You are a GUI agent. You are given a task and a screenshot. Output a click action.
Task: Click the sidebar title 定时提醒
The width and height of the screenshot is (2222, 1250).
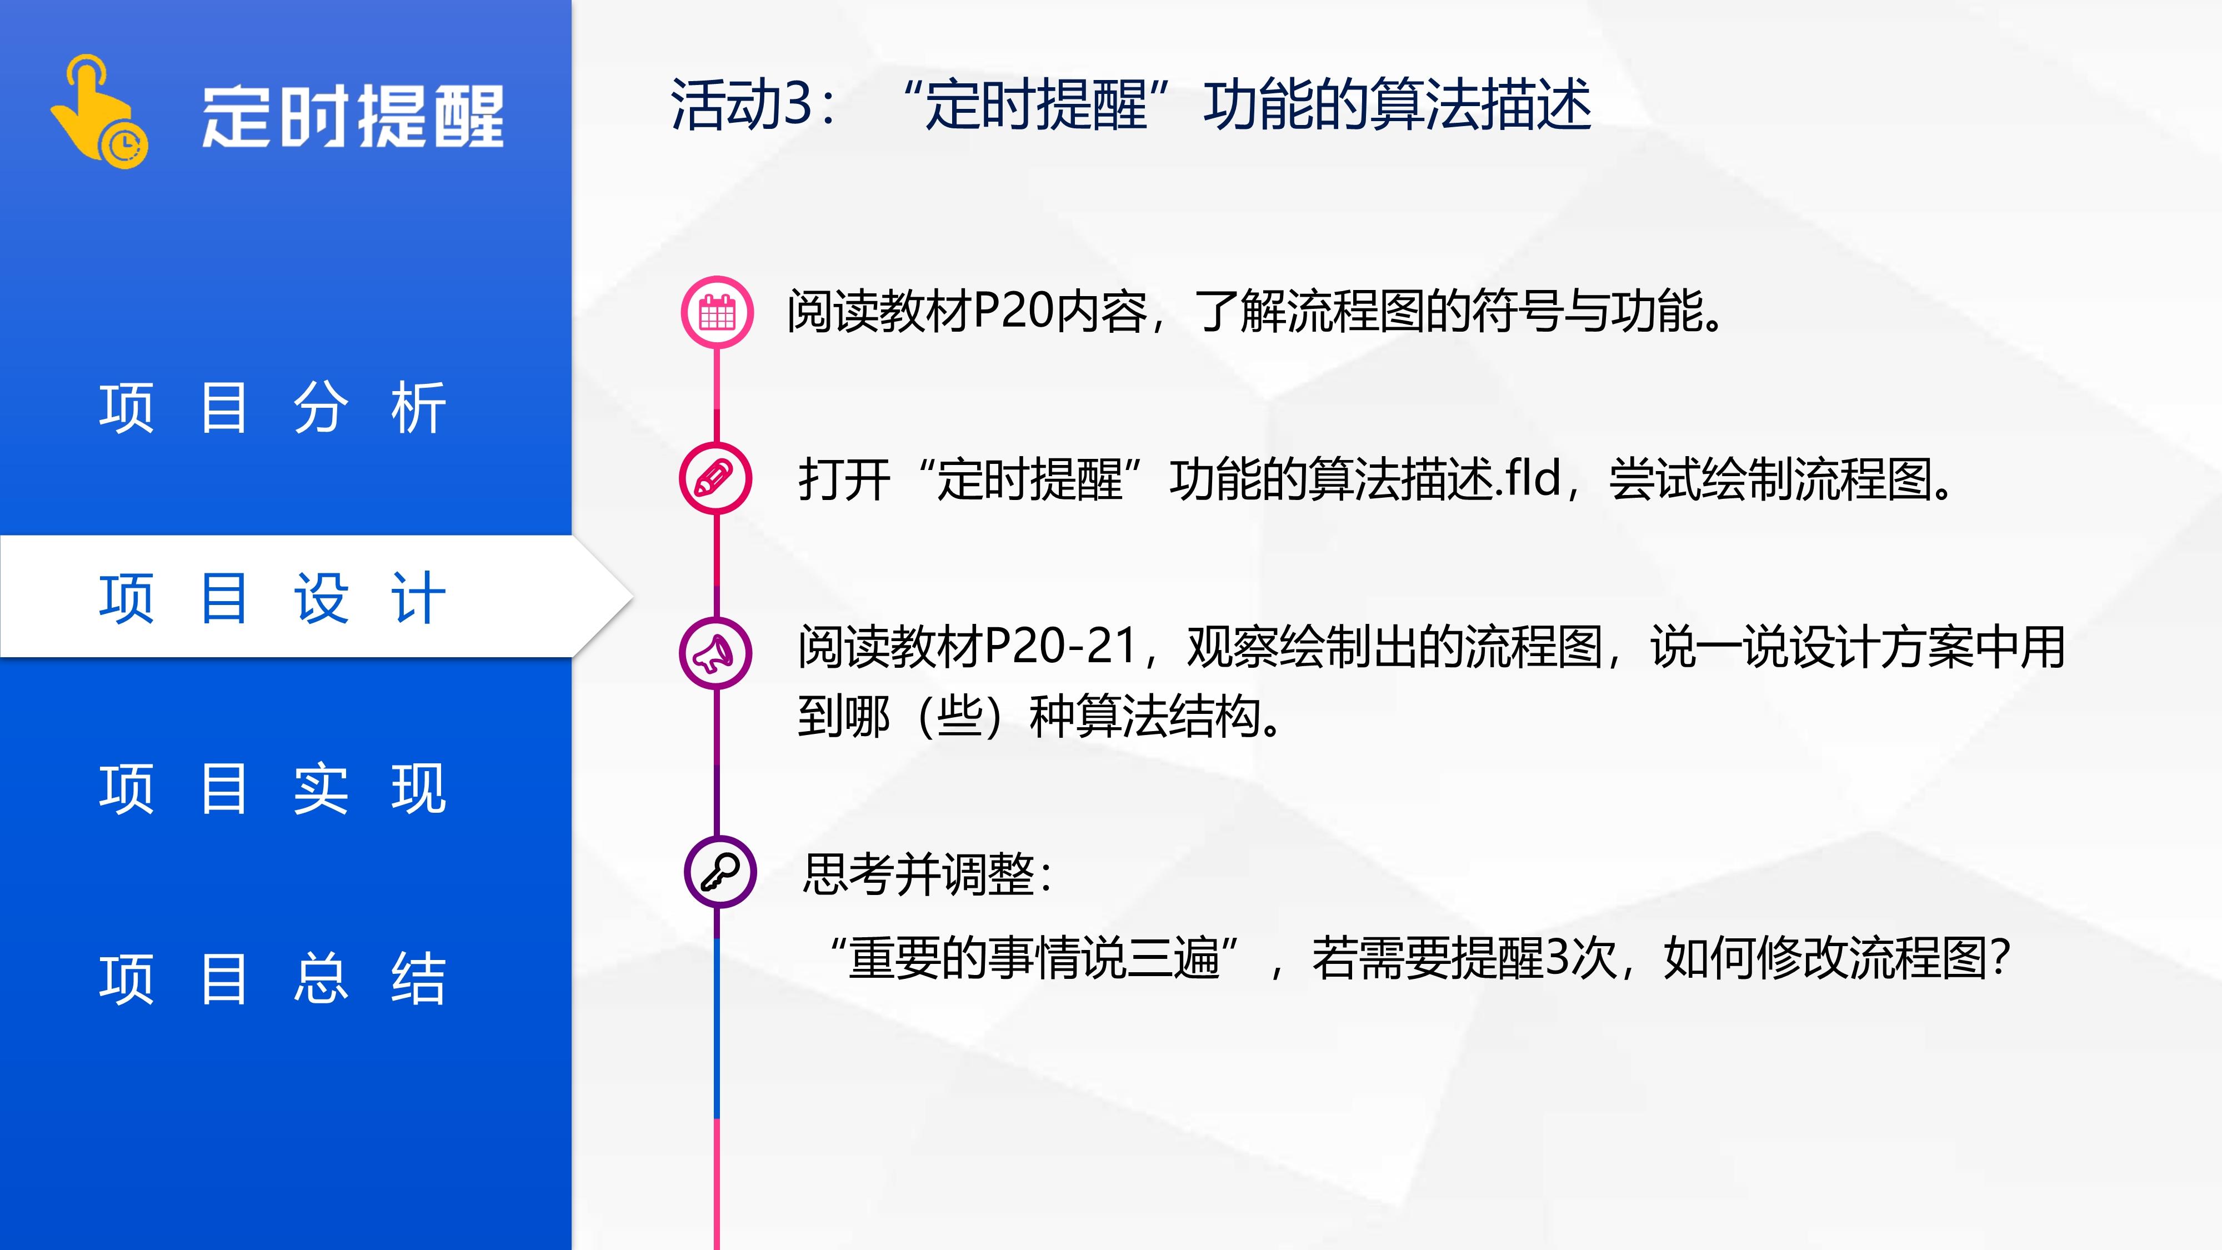point(353,117)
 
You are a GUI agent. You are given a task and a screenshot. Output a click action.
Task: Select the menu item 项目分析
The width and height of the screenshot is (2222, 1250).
point(273,407)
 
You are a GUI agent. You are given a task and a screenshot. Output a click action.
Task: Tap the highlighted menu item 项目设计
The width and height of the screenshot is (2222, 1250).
point(273,597)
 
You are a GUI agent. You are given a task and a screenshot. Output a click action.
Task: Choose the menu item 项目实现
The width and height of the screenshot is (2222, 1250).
point(273,788)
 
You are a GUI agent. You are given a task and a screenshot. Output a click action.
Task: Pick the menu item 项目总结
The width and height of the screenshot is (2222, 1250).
point(273,978)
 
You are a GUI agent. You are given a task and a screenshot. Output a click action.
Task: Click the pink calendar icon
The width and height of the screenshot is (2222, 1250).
point(717,312)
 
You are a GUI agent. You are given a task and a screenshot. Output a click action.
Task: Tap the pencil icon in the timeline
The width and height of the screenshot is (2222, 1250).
point(715,478)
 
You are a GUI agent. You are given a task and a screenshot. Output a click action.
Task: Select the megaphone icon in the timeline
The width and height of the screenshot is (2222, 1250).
point(715,653)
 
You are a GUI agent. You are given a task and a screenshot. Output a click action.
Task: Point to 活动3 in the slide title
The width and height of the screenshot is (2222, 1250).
point(742,104)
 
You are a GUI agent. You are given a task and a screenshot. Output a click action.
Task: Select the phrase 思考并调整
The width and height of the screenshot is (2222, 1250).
point(919,874)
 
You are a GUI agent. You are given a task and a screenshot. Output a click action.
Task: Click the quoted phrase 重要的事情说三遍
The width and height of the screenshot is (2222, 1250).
point(1034,958)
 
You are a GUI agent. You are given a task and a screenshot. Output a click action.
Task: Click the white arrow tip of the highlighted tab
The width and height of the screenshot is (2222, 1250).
point(632,596)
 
